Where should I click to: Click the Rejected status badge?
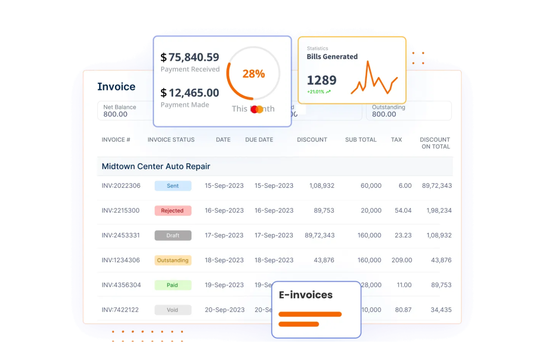click(173, 211)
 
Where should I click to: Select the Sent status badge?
click(173, 186)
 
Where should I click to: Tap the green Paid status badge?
click(173, 285)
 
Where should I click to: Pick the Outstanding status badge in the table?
click(173, 260)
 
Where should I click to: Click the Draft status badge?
click(173, 235)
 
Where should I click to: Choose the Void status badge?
click(173, 310)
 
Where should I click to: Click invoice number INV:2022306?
click(121, 186)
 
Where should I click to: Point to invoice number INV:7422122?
click(120, 310)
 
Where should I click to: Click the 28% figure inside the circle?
click(254, 74)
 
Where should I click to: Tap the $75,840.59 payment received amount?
click(190, 57)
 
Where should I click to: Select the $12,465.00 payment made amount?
click(190, 93)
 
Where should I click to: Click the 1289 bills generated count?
click(322, 80)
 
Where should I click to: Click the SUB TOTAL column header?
click(361, 140)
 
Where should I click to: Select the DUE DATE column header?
click(259, 140)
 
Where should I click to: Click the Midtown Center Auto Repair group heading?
click(156, 167)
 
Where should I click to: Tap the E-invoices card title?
click(305, 295)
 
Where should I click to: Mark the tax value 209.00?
click(402, 260)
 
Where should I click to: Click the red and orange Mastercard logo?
click(257, 109)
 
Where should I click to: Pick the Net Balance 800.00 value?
click(115, 114)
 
